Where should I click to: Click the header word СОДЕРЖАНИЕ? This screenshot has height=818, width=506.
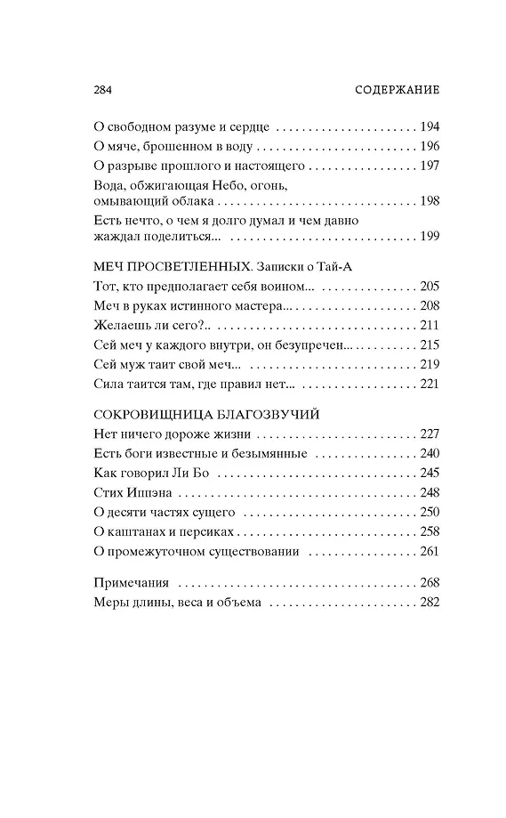(x=398, y=91)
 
